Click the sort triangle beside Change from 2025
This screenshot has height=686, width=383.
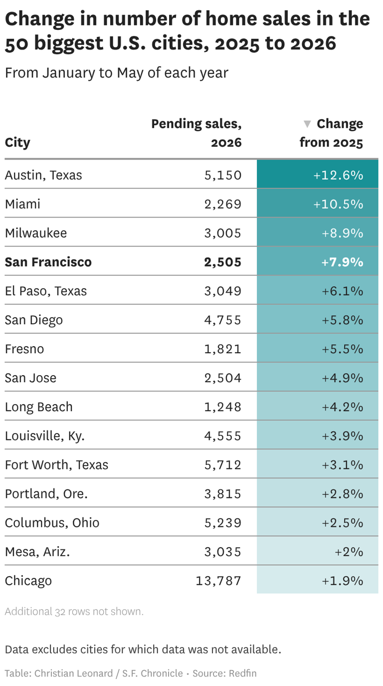pos(307,124)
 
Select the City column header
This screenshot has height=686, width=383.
pos(17,143)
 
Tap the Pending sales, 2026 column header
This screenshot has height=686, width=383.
pos(196,133)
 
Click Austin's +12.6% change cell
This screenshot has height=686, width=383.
pos(318,174)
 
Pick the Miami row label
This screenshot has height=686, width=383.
pos(22,204)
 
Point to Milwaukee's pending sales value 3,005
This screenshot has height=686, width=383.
pos(222,233)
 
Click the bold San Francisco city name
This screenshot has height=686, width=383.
pos(48,262)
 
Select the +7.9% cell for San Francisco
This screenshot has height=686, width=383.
pos(318,261)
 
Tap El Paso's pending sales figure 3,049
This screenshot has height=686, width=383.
pos(222,291)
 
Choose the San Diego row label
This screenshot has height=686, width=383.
pos(34,320)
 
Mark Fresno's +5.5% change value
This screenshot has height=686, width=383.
pos(342,349)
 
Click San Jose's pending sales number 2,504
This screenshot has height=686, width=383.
pos(222,378)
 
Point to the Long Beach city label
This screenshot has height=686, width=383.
pos(39,407)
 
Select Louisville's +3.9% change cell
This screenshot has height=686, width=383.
pos(318,435)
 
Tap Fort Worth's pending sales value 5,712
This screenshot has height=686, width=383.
pos(222,465)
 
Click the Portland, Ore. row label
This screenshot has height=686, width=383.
pos(46,494)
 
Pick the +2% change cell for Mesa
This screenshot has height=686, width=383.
pos(318,551)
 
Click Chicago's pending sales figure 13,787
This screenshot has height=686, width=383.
pos(218,581)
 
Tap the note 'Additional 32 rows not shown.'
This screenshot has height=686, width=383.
pos(74,612)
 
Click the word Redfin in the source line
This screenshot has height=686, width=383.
pos(242,674)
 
